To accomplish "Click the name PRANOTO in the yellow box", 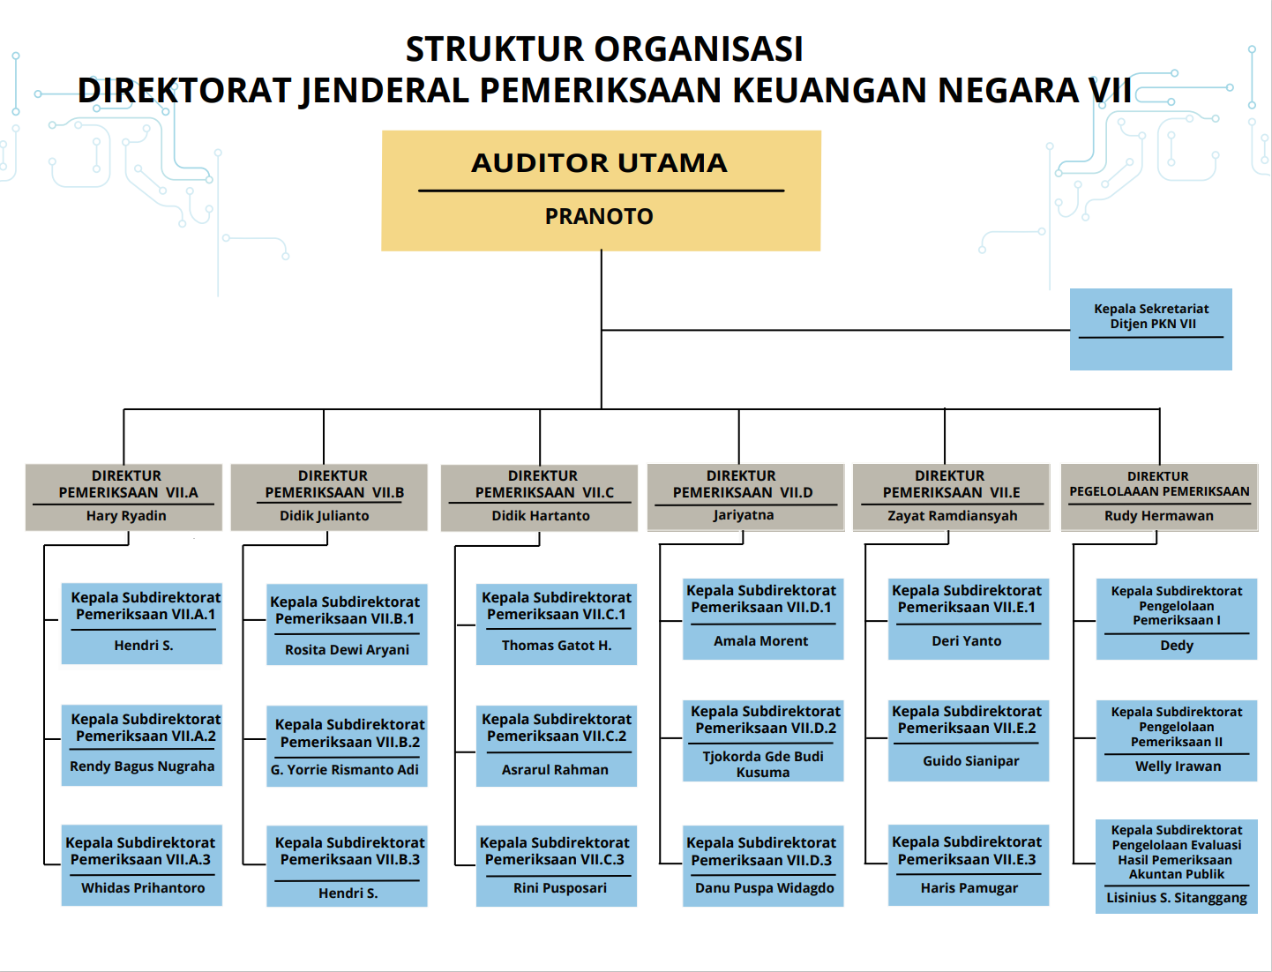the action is [x=599, y=217].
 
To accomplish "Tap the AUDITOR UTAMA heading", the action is [x=599, y=163].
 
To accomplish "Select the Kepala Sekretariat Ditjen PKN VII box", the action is [x=1150, y=329].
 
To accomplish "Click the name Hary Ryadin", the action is [x=126, y=515].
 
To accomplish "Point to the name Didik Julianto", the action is [x=324, y=515].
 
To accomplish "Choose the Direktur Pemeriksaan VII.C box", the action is [x=539, y=497].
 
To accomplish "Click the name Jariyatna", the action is [x=744, y=515].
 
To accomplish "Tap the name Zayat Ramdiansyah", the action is [x=952, y=515].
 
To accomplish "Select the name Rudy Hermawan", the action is [x=1158, y=515].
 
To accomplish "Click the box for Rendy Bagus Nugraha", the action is [x=141, y=745].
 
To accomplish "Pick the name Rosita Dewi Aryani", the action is [x=347, y=650].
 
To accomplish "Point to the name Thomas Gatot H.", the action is [x=557, y=646].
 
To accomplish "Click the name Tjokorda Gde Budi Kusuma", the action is [x=763, y=764].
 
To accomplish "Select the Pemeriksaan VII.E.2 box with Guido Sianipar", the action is [x=969, y=741].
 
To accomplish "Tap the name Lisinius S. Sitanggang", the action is [x=1177, y=898].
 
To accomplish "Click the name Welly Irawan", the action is [x=1178, y=766].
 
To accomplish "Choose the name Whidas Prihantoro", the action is [x=143, y=888].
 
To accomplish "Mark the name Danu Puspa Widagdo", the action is [x=765, y=888].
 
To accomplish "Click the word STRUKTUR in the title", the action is [x=494, y=49].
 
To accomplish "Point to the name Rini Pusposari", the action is [x=560, y=888].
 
